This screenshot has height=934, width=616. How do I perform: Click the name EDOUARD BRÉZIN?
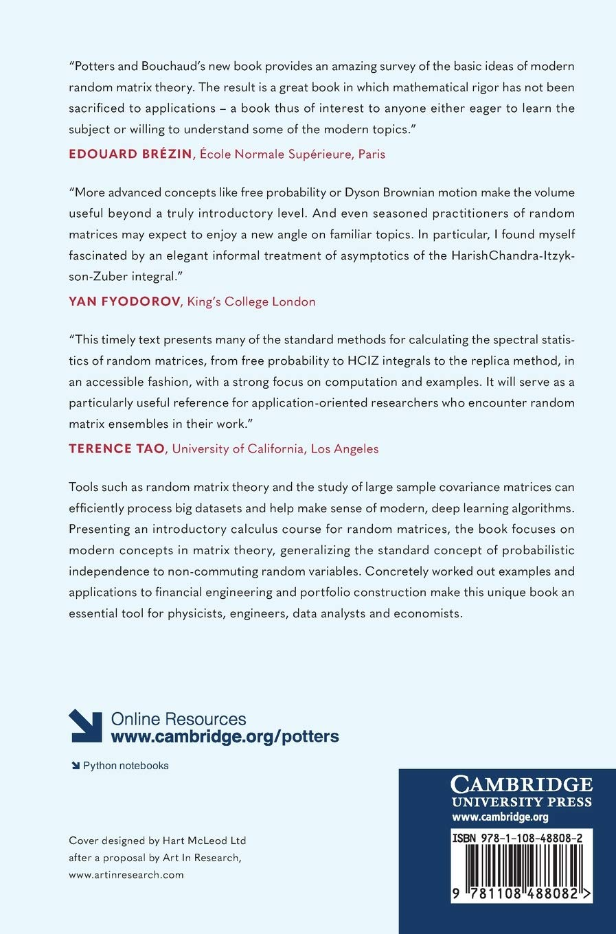[130, 154]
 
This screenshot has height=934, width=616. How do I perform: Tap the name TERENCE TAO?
[116, 448]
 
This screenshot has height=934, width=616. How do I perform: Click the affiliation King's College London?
[251, 301]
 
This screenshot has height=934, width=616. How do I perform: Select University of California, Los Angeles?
[275, 448]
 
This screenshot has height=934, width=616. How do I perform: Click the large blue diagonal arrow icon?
[85, 726]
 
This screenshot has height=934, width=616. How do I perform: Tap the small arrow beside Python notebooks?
[75, 766]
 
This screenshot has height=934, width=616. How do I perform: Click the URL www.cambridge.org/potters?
[225, 737]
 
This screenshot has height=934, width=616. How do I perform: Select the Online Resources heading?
[179, 719]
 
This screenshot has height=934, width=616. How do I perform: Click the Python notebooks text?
[126, 766]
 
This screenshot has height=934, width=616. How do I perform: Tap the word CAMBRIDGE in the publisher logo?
[521, 784]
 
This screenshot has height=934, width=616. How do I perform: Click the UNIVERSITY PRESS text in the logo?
[521, 801]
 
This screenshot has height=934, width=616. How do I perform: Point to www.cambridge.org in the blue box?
[500, 817]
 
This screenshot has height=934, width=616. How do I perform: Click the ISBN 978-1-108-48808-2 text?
[518, 839]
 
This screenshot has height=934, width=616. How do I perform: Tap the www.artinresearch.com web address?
[126, 875]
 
